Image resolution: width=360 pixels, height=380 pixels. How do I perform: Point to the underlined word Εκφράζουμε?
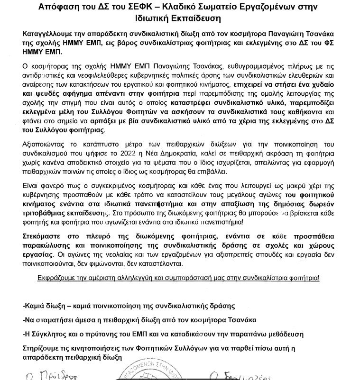56,278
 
